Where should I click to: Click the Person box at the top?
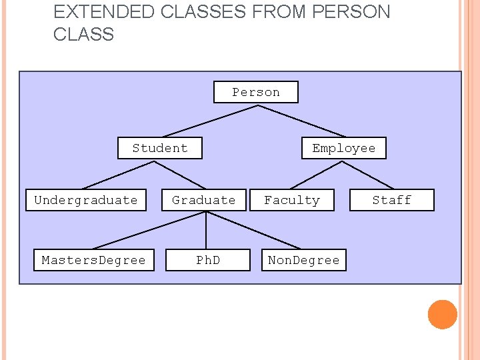point(255,92)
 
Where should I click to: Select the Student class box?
point(160,148)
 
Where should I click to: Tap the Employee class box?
point(343,148)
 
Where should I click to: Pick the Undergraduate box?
point(86,200)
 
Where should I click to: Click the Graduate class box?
point(204,200)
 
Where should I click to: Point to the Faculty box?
point(292,200)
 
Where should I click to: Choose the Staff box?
point(392,200)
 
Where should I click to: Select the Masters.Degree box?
point(93,260)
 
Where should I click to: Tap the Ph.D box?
point(208,260)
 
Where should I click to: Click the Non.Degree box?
point(303,260)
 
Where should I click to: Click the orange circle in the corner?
point(442,315)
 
